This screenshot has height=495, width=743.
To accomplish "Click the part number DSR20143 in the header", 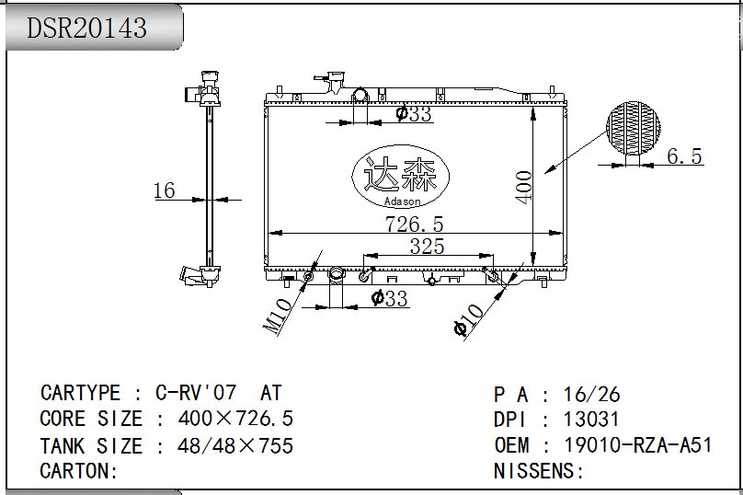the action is coord(86,28).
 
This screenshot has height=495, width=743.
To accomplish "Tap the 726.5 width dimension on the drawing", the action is coord(414,224).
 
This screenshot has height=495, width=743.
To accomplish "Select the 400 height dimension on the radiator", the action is coord(523,188).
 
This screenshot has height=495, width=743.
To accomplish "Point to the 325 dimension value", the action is coord(427,246).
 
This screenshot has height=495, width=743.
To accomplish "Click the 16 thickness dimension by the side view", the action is coord(165,190).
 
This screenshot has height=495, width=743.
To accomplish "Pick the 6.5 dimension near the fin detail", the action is coord(684,156).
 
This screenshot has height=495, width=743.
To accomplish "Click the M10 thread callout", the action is coord(277,317).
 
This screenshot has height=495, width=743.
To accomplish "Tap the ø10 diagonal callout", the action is coord(468,320).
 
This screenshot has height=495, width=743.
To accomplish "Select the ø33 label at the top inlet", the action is coord(414,114).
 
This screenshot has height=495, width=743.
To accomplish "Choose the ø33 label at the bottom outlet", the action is coord(390,298).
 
